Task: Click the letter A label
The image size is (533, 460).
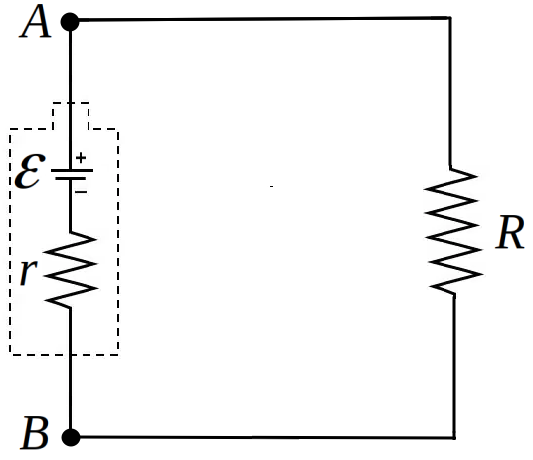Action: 36,21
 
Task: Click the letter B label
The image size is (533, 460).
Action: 35,433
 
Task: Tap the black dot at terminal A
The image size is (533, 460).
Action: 70,22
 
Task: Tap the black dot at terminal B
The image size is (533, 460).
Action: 71,437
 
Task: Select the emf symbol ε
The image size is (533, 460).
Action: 30,171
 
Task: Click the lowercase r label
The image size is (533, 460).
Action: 29,272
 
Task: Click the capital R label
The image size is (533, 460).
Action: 509,232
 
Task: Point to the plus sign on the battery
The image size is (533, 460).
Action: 81,158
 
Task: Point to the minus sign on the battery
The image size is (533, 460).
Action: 81,192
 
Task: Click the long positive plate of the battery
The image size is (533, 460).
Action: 72,170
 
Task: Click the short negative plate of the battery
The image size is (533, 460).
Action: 71,178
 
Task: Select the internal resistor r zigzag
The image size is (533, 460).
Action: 71,270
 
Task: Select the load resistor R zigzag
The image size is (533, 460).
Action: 452,231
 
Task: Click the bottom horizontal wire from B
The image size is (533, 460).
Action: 267,437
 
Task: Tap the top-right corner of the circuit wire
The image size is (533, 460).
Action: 450,17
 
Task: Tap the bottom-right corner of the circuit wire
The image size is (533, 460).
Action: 454,437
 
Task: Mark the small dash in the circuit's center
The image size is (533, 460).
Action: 271,186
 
